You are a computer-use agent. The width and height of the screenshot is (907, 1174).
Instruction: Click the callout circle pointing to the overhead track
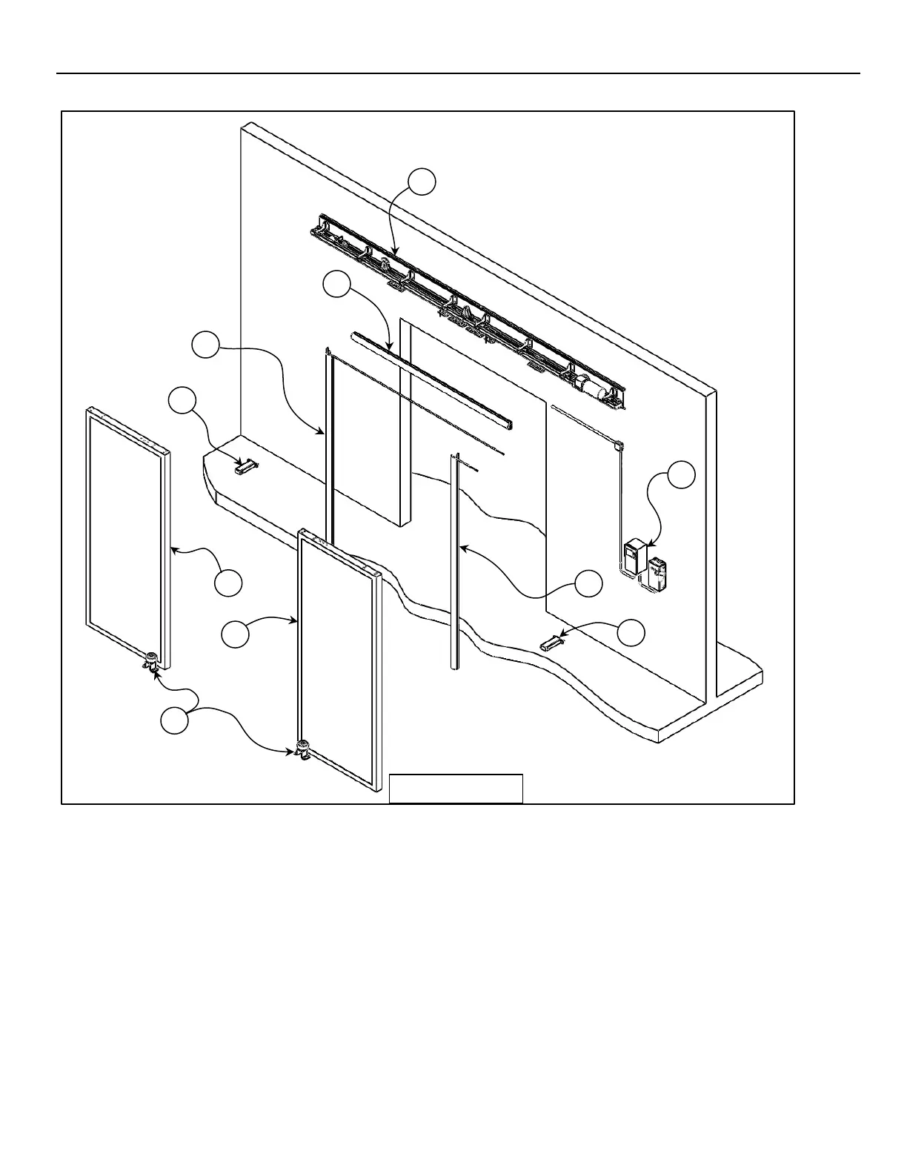[x=422, y=182]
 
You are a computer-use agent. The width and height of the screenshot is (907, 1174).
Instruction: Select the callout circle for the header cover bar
[x=337, y=285]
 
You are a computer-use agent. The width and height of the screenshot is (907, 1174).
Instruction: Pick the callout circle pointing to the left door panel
[x=228, y=582]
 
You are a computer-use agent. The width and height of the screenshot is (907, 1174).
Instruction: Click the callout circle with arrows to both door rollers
[x=174, y=720]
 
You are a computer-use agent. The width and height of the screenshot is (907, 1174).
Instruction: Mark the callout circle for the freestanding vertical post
[x=589, y=583]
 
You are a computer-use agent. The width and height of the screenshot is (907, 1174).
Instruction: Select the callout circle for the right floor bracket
[x=631, y=632]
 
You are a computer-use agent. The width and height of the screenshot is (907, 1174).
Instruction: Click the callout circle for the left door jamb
[x=205, y=346]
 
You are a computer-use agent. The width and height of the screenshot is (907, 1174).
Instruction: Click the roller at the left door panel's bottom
[x=153, y=660]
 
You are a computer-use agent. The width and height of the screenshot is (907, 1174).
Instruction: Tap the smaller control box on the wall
[x=658, y=573]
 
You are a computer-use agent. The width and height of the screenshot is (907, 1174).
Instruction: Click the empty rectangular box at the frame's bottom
[x=456, y=788]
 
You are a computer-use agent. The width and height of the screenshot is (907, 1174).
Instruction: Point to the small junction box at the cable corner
[x=619, y=445]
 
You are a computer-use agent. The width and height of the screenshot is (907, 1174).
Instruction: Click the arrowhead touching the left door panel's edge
[x=173, y=549]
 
